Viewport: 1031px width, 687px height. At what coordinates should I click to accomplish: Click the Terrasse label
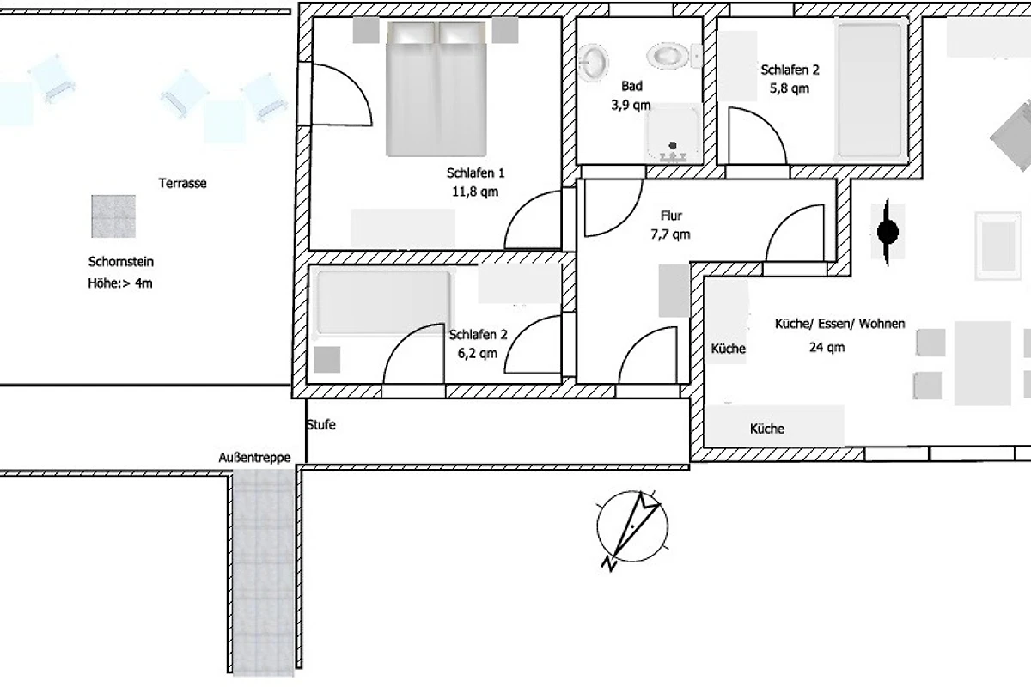point(183,183)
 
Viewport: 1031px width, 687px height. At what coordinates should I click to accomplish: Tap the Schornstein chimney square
point(113,216)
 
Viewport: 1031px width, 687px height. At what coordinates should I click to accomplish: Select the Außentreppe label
point(254,458)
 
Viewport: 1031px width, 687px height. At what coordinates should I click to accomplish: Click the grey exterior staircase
point(263,573)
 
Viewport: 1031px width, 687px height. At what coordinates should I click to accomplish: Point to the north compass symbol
point(632,529)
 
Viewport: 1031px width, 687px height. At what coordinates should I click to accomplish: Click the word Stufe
point(321,424)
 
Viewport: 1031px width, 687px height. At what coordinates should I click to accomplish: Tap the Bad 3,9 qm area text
point(631,95)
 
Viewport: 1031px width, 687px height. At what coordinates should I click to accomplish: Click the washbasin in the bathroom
point(594,63)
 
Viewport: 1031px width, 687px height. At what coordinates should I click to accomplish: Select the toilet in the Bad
point(674,56)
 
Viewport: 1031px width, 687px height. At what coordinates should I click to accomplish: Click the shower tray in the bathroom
point(673,133)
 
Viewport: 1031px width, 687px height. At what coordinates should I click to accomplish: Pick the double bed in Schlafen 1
point(436,89)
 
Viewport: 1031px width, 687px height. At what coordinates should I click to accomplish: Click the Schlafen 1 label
point(475,173)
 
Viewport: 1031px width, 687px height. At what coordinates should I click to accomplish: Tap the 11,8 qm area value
point(475,192)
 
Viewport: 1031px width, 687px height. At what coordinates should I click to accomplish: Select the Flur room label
point(671,216)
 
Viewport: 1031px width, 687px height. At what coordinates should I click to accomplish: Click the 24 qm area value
point(827,347)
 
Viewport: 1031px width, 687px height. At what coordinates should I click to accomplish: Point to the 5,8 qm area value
point(790,88)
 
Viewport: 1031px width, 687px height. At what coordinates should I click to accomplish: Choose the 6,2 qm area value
point(478,353)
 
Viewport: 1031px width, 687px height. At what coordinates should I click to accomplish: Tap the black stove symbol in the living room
point(888,233)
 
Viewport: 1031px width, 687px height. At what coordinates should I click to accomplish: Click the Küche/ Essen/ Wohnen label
point(840,324)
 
